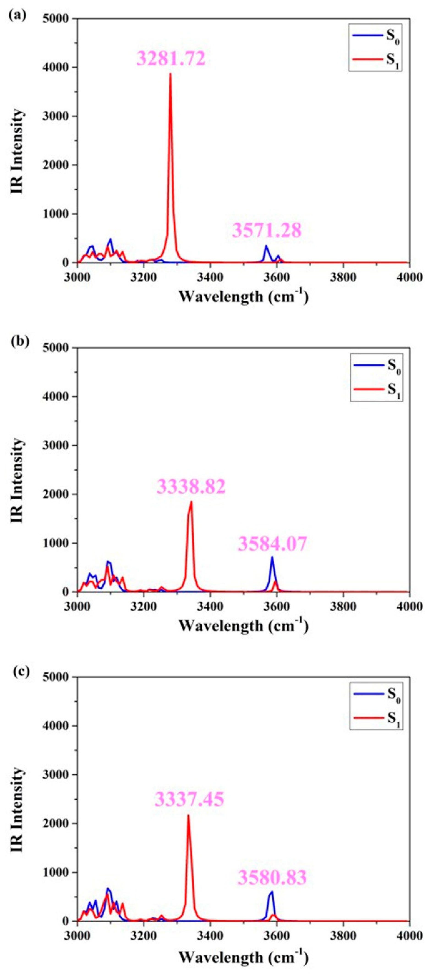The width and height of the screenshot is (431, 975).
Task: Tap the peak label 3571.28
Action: pos(267,230)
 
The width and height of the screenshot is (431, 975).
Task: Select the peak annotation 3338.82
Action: pos(191,487)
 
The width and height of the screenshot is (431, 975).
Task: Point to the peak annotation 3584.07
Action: pos(272,544)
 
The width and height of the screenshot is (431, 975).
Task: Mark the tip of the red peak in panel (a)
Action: pos(170,74)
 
